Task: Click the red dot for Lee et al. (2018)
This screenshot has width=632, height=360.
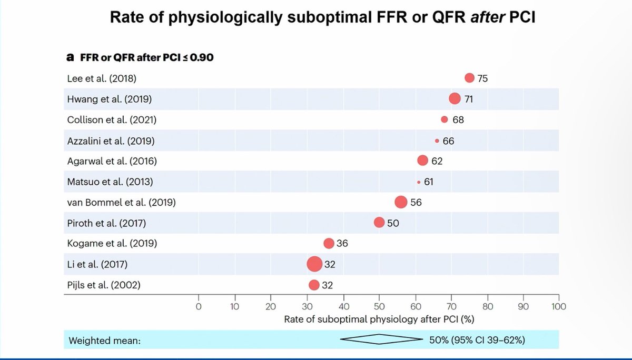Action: click(469, 78)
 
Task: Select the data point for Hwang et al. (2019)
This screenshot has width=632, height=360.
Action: click(455, 98)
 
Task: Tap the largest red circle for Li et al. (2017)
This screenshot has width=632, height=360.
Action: click(314, 264)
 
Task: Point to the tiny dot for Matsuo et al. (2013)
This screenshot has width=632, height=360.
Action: click(419, 182)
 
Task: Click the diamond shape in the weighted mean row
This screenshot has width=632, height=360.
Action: click(379, 340)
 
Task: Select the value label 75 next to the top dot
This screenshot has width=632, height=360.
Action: click(483, 78)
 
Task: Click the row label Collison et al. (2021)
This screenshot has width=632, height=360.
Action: click(112, 119)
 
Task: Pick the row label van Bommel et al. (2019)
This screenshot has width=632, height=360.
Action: click(121, 202)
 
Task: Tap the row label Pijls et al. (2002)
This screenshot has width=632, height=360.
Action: click(104, 285)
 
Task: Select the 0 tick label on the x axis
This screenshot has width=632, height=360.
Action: click(199, 306)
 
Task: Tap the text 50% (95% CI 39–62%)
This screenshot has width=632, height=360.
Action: click(477, 340)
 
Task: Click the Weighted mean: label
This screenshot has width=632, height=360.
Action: click(104, 341)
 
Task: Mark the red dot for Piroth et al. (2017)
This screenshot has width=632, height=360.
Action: click(379, 223)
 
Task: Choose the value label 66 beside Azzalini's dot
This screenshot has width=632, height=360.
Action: click(448, 141)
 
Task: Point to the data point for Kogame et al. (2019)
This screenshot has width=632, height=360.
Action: click(329, 243)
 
